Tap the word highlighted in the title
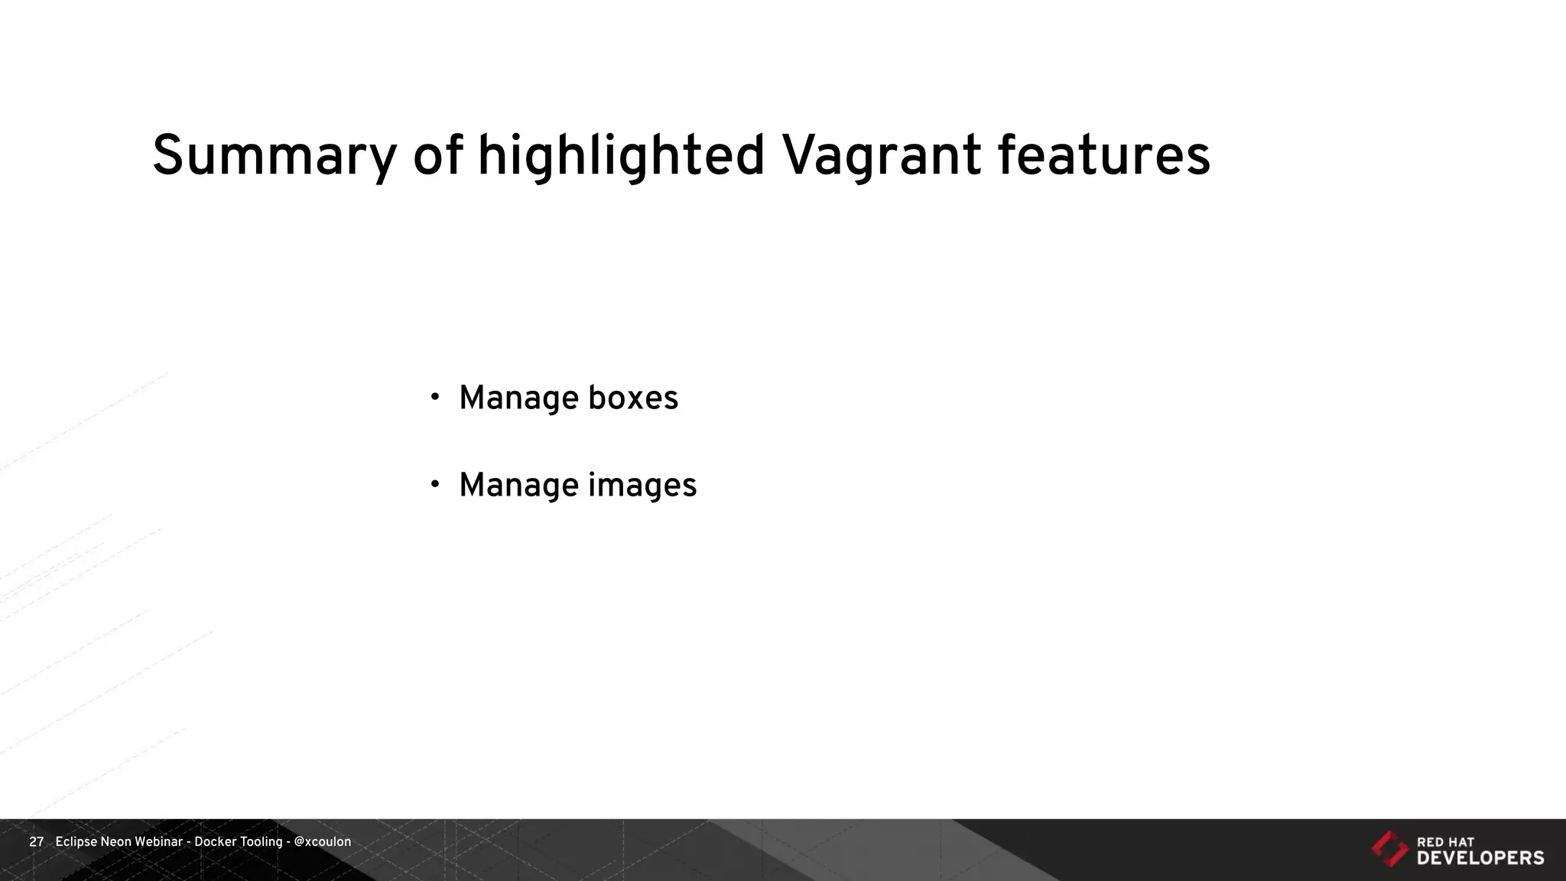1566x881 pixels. (621, 157)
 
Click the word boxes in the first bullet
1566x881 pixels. (633, 398)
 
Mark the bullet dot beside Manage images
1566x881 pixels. (435, 483)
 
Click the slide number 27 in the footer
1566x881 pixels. (36, 842)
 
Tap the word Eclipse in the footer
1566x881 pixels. (76, 842)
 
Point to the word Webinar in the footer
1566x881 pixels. (158, 842)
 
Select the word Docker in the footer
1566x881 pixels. (216, 842)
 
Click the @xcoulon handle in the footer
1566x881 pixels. (323, 842)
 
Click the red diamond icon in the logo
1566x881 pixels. (1389, 848)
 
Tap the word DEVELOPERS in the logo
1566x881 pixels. (1480, 858)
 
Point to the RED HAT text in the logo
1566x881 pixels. (1445, 842)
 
